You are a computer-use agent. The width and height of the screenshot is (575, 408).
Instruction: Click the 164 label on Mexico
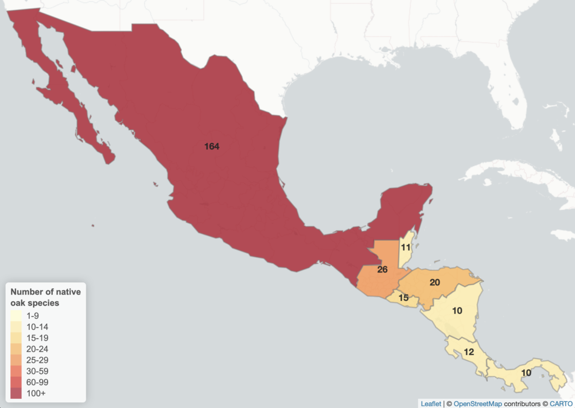(x=212, y=146)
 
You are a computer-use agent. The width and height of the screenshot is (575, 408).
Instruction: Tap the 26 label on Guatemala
(x=382, y=269)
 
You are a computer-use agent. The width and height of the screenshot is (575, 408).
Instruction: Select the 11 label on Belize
(x=406, y=247)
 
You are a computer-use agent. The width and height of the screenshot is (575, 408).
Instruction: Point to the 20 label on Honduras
(x=435, y=282)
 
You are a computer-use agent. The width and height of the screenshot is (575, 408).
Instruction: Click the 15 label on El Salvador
(x=403, y=298)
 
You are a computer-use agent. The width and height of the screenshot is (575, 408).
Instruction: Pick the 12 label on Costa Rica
(x=468, y=352)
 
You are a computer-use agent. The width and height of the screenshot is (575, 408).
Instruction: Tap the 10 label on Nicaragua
(x=457, y=310)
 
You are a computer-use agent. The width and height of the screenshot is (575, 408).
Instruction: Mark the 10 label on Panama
(x=526, y=373)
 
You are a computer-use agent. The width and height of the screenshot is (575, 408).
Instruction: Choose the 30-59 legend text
(x=37, y=371)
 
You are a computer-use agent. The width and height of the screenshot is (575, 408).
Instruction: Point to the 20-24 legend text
(x=37, y=349)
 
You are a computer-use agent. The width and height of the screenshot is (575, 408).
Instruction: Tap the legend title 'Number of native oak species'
(x=45, y=297)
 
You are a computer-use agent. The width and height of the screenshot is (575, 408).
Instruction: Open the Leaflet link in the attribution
(x=431, y=404)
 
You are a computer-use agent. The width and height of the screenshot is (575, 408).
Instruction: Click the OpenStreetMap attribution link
(x=478, y=404)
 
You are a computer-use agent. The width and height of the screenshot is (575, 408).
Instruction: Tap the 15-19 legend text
(x=37, y=338)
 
